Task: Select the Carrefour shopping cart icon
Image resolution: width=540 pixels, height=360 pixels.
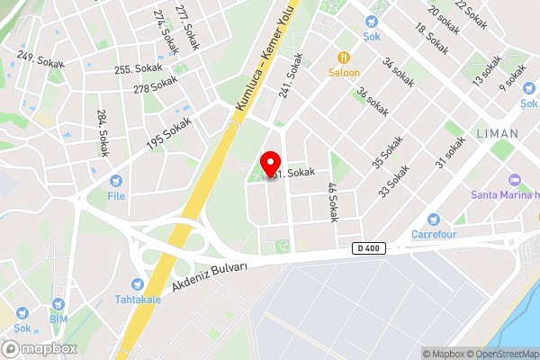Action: [x=434, y=219]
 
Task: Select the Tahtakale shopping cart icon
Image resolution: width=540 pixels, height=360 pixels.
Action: [x=136, y=283]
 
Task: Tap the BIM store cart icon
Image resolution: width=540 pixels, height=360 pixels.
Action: [x=59, y=304]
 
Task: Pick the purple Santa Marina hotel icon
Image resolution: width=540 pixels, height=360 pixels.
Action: [x=515, y=178]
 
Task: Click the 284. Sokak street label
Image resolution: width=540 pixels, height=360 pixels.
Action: [x=103, y=132]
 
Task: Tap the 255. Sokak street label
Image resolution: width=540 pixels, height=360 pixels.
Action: [x=136, y=68]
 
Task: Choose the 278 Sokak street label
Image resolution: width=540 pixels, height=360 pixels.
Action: [x=156, y=85]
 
